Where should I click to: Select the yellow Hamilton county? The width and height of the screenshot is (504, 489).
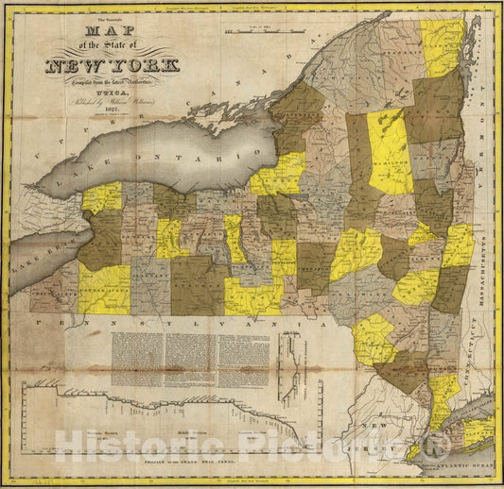point(390,151)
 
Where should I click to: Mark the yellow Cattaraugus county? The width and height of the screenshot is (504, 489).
point(104,288)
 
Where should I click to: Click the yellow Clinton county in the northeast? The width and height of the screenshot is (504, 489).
point(443,47)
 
